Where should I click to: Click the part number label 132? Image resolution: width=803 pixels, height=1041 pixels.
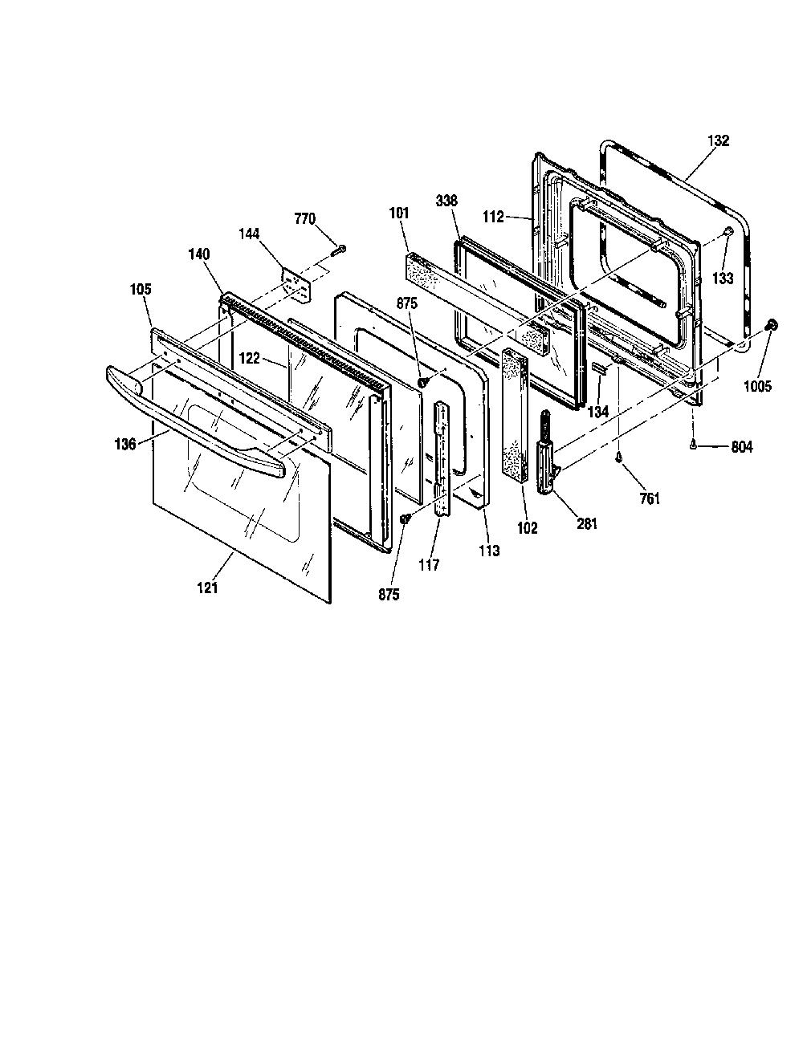718,140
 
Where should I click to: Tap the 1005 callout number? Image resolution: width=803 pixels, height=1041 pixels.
757,386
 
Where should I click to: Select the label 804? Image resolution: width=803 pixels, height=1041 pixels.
741,447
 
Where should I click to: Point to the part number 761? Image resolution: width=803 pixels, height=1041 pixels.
650,498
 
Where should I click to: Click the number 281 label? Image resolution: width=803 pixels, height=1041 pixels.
587,523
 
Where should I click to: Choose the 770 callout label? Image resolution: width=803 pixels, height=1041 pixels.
304,219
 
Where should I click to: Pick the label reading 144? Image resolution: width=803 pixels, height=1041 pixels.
249,234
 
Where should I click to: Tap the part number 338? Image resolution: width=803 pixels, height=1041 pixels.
446,200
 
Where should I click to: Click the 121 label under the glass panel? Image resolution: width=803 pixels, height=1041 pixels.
207,588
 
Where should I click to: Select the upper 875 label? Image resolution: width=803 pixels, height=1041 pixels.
406,303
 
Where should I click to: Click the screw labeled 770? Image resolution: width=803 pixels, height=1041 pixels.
339,250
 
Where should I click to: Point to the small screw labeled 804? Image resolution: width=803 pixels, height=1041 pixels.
693,445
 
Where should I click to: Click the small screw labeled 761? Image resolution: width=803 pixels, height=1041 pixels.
618,457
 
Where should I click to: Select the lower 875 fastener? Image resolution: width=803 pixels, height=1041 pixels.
406,518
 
